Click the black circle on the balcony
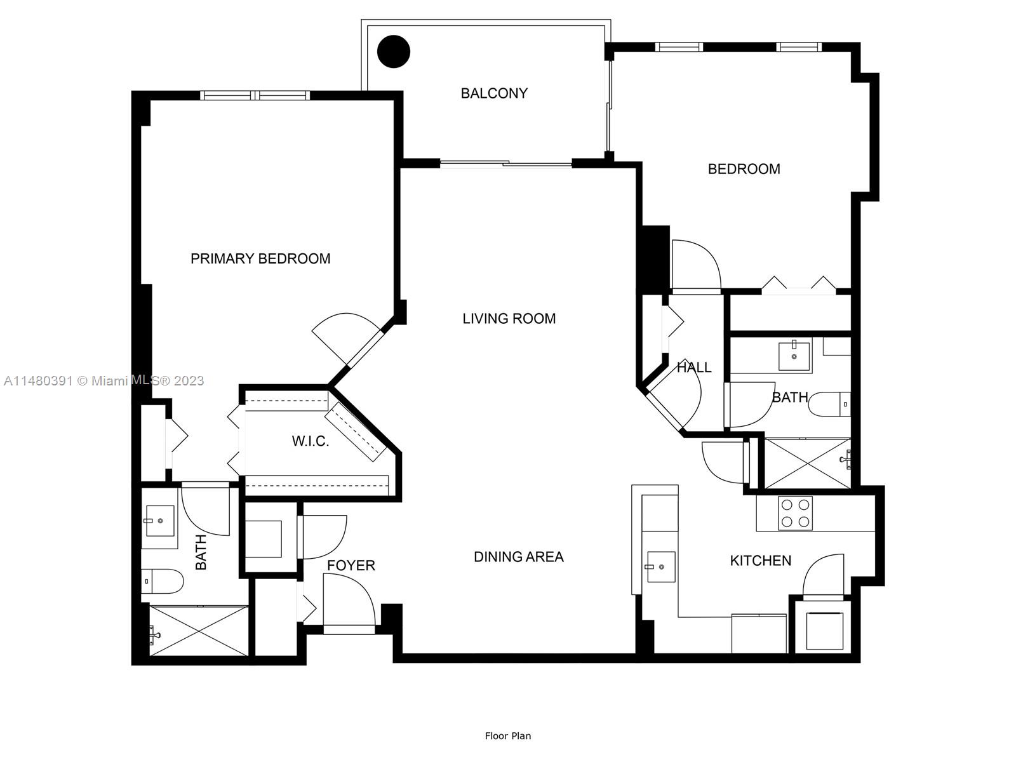394,51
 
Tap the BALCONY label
494,93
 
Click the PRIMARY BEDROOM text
260,258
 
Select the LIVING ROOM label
509,319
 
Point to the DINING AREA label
518,557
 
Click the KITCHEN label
760,561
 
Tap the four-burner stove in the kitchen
795,513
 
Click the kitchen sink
660,566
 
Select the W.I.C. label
311,441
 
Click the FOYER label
351,565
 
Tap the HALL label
693,367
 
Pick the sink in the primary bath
159,521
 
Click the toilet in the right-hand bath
829,404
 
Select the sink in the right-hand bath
794,356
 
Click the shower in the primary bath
199,631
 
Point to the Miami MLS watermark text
104,380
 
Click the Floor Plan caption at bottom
507,736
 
